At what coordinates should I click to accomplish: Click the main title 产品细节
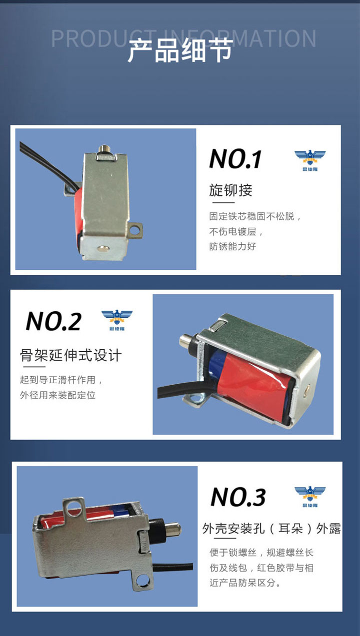click(x=180, y=51)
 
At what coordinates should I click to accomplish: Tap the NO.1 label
click(x=235, y=159)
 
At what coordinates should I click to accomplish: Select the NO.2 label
click(x=53, y=321)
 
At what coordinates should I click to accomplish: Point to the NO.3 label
click(x=238, y=497)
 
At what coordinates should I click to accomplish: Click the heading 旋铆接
click(x=230, y=190)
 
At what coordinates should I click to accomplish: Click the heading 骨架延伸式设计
click(x=70, y=355)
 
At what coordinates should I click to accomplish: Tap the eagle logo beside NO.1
click(x=310, y=160)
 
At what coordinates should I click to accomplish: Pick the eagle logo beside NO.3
click(x=310, y=496)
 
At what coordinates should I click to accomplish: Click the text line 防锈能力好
click(x=232, y=246)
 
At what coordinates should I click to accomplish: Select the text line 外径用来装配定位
click(x=57, y=395)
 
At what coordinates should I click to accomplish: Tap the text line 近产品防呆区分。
click(x=245, y=583)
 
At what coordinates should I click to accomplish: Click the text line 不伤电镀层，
click(x=237, y=232)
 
